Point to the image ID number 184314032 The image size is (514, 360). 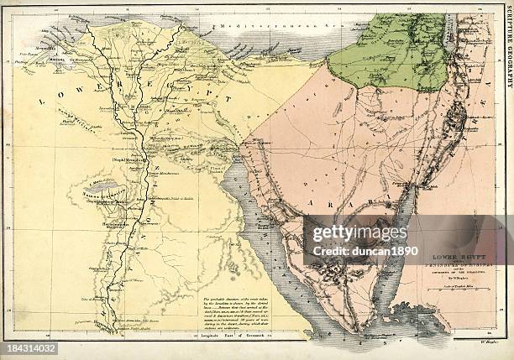29,347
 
